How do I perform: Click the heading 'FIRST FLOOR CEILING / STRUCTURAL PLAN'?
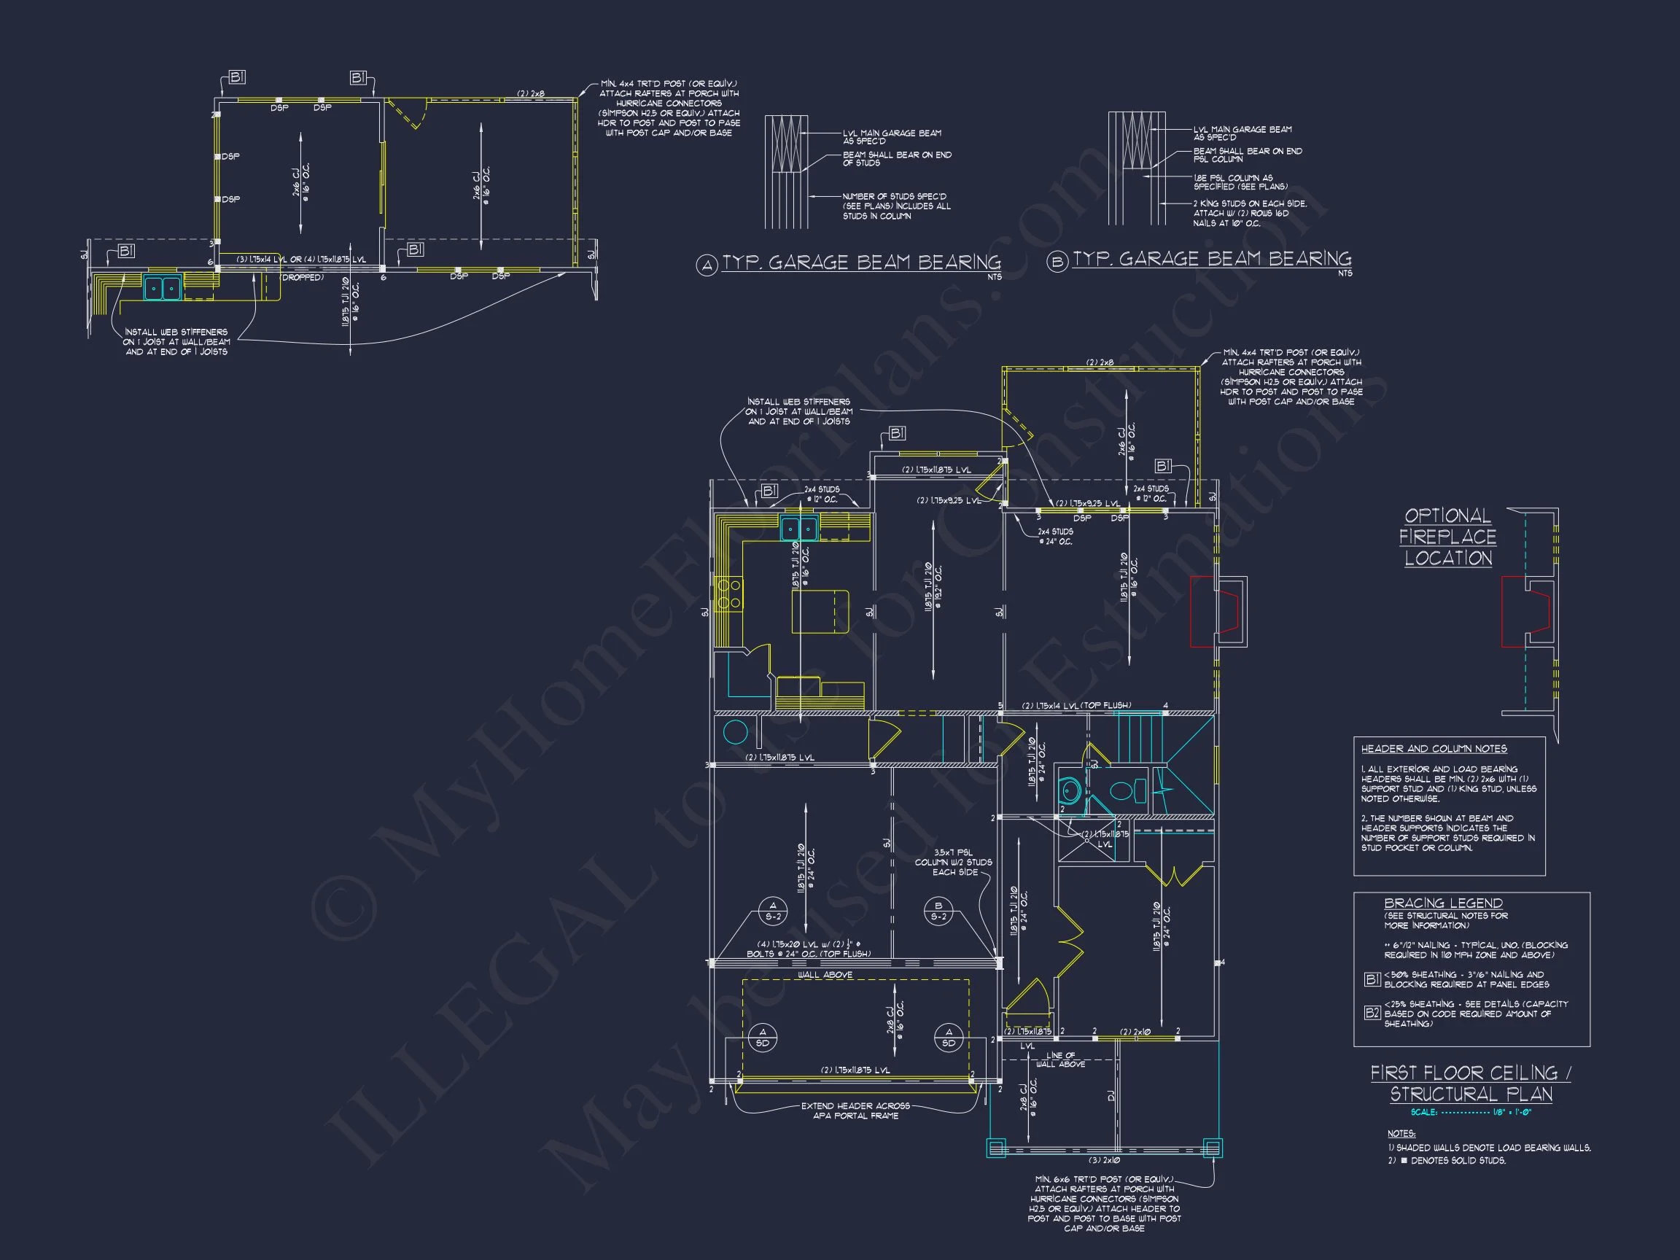pyautogui.click(x=1471, y=1083)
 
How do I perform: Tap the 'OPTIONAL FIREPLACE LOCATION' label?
pyautogui.click(x=1447, y=537)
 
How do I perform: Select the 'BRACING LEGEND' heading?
pyautogui.click(x=1443, y=903)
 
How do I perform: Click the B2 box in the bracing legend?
pyautogui.click(x=1372, y=1012)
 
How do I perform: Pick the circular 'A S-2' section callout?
pyautogui.click(x=773, y=911)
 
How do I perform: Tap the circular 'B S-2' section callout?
pyautogui.click(x=938, y=911)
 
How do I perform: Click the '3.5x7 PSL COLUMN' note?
pyautogui.click(x=954, y=862)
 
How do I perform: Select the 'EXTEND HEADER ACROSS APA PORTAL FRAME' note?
pyautogui.click(x=856, y=1111)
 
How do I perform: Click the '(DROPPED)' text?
pyautogui.click(x=303, y=277)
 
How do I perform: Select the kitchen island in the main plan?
pyautogui.click(x=820, y=610)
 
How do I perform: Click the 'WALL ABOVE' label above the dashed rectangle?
pyautogui.click(x=825, y=974)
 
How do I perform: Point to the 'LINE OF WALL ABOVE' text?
pyautogui.click(x=1060, y=1059)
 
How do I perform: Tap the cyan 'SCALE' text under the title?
pyautogui.click(x=1423, y=1113)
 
